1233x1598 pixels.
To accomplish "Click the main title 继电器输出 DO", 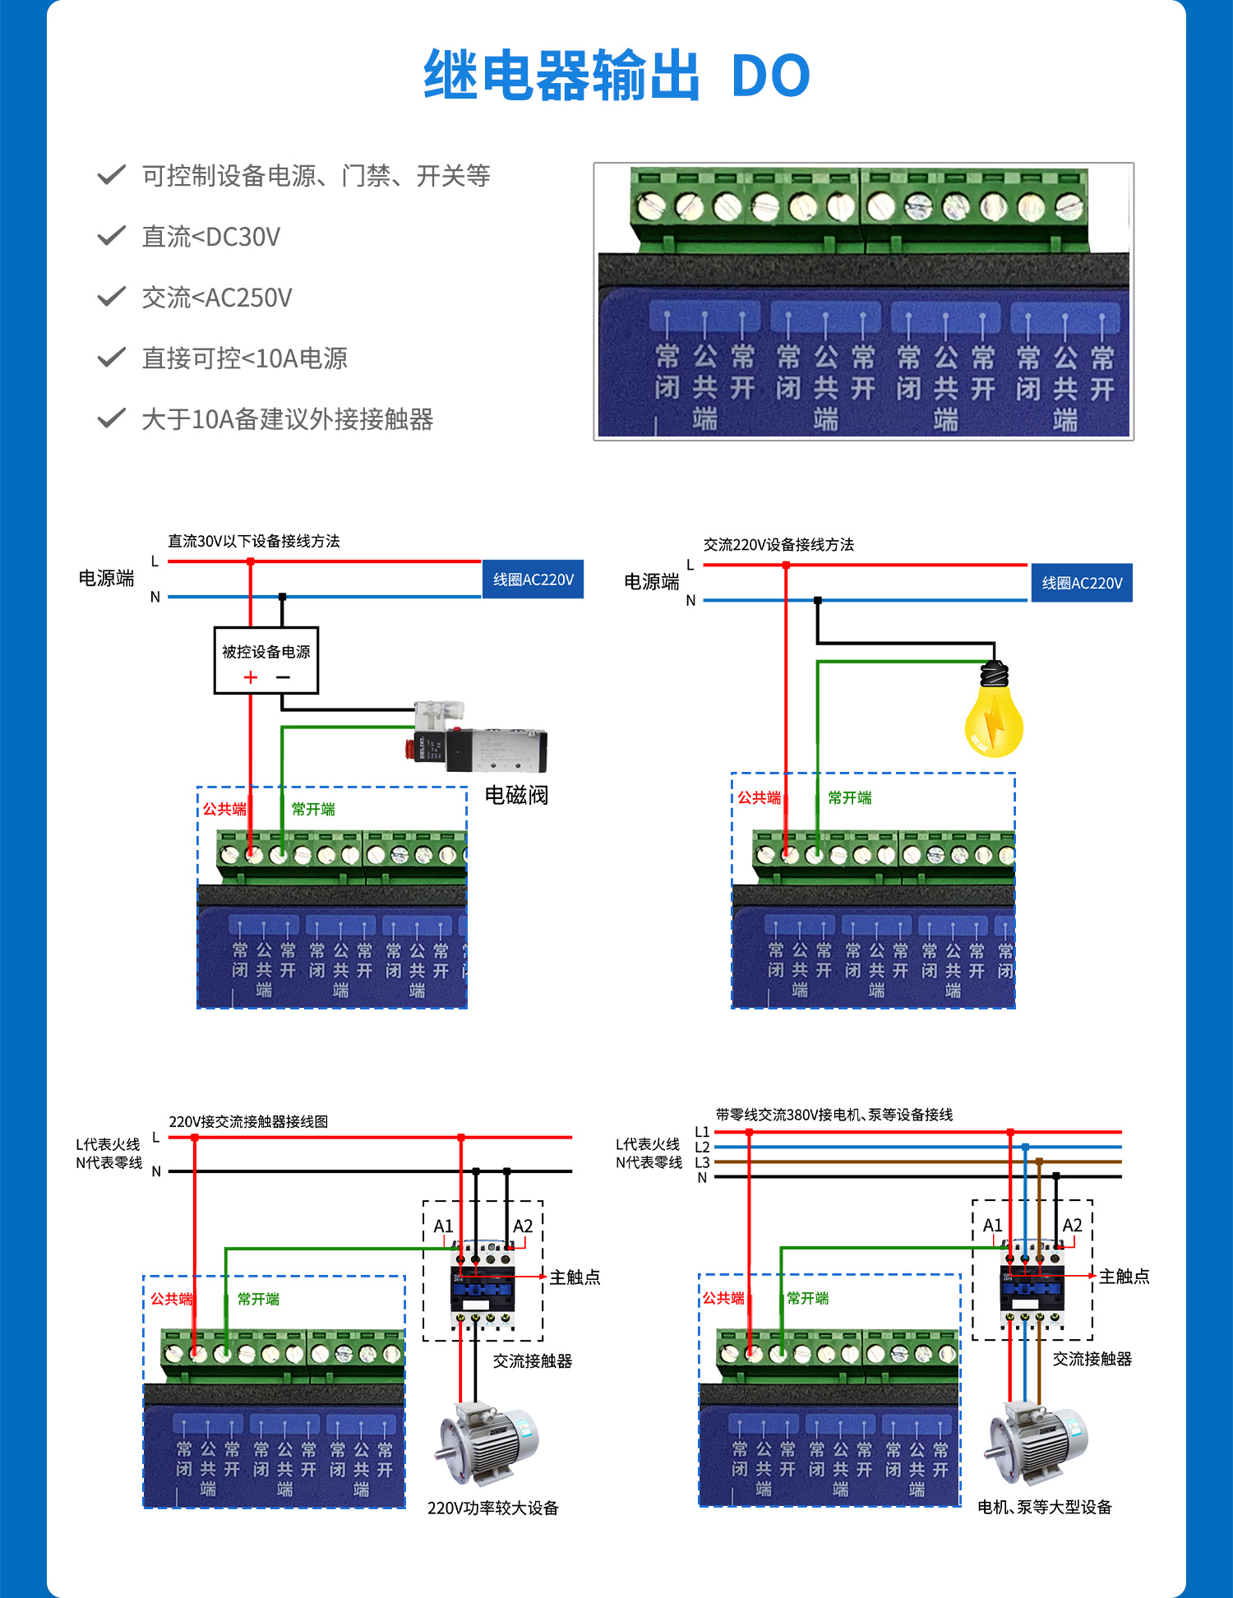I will (616, 76).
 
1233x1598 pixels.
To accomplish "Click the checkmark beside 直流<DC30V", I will (111, 236).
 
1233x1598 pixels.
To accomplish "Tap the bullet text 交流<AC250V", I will (217, 298).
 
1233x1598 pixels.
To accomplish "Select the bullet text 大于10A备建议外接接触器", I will (287, 419).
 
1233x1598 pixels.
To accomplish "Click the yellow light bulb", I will (994, 715).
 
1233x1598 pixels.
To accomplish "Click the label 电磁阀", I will (516, 795).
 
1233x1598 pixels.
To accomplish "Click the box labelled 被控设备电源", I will (266, 660).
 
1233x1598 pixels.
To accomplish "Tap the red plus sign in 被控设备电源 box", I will (251, 677).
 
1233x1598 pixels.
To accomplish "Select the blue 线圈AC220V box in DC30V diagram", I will (533, 580).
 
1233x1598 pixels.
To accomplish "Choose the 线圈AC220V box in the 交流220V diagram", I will (1082, 583).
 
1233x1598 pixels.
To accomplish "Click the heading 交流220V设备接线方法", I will (778, 544).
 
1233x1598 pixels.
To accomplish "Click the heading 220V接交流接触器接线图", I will (248, 1121).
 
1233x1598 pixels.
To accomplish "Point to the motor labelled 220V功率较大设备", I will (487, 1443).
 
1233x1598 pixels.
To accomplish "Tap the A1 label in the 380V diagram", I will (992, 1225).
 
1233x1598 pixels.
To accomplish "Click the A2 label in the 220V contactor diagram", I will (523, 1226).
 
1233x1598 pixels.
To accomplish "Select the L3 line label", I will (702, 1162).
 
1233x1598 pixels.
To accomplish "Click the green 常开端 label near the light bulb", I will (849, 797).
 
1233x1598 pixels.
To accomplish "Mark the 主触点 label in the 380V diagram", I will (1124, 1276).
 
